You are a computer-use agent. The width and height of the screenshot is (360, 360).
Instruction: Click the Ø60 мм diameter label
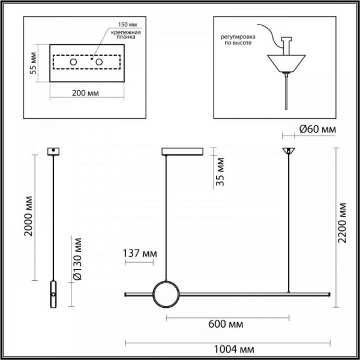click(317, 129)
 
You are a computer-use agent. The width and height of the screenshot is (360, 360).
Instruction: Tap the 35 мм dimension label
click(221, 170)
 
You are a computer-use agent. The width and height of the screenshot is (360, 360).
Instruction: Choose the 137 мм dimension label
click(139, 253)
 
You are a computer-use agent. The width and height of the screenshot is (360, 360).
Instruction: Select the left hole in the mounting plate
click(74, 63)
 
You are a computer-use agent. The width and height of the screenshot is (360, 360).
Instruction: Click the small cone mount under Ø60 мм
click(289, 150)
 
